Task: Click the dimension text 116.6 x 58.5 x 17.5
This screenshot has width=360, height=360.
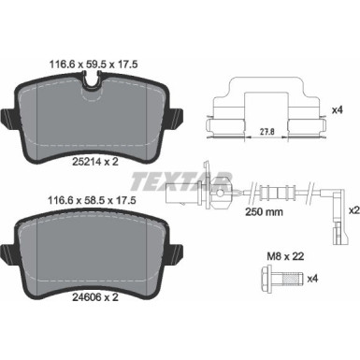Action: pos(93,199)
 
